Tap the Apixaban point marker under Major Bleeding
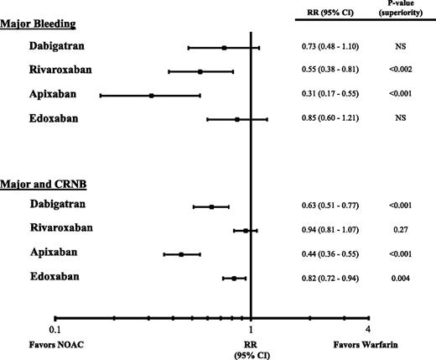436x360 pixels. click(151, 96)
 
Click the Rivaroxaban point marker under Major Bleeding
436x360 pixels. click(200, 72)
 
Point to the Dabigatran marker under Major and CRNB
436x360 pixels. click(211, 206)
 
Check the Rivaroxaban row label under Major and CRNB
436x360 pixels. click(61, 228)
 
